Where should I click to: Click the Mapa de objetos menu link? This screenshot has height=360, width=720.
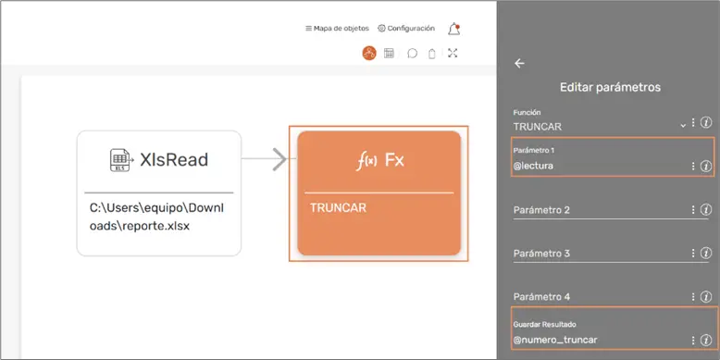tap(337, 29)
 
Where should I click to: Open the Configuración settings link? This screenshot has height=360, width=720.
tap(406, 29)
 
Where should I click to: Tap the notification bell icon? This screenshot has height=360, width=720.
tap(454, 29)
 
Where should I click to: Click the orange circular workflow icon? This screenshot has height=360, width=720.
tap(369, 54)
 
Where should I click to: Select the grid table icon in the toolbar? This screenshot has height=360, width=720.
tap(389, 54)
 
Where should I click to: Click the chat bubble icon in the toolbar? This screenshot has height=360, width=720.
tap(413, 54)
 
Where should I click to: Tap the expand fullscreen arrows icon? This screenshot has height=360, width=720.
tap(453, 54)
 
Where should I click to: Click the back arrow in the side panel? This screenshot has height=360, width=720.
tap(519, 63)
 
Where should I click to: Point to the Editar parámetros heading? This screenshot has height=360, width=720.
tap(610, 87)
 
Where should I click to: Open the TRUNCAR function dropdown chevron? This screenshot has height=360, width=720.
tap(683, 126)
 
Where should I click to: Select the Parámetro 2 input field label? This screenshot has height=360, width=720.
tap(541, 210)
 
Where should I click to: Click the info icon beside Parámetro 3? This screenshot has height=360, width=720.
tap(706, 254)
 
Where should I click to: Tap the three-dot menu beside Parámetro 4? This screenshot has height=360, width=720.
tap(693, 297)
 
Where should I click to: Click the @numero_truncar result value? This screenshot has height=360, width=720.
tap(555, 341)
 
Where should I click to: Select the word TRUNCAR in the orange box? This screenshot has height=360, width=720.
tap(338, 208)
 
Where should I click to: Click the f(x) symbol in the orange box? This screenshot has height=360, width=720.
tap(366, 161)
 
